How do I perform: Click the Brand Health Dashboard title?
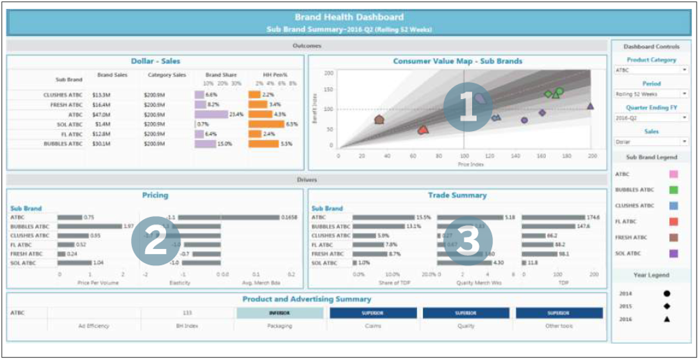click(349, 17)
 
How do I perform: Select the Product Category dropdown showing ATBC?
click(651, 70)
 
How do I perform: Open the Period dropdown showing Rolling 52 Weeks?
click(651, 93)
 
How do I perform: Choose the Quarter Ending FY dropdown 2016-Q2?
click(651, 118)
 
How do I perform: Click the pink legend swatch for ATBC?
click(674, 174)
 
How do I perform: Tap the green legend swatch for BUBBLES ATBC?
click(674, 190)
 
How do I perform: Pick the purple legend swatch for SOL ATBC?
click(674, 253)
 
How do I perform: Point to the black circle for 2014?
click(667, 294)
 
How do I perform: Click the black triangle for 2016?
click(667, 320)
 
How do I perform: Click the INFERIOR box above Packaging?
click(280, 313)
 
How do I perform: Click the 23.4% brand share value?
click(236, 114)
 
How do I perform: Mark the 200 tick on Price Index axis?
click(591, 156)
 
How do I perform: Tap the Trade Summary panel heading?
click(457, 195)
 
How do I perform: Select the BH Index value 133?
click(187, 313)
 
